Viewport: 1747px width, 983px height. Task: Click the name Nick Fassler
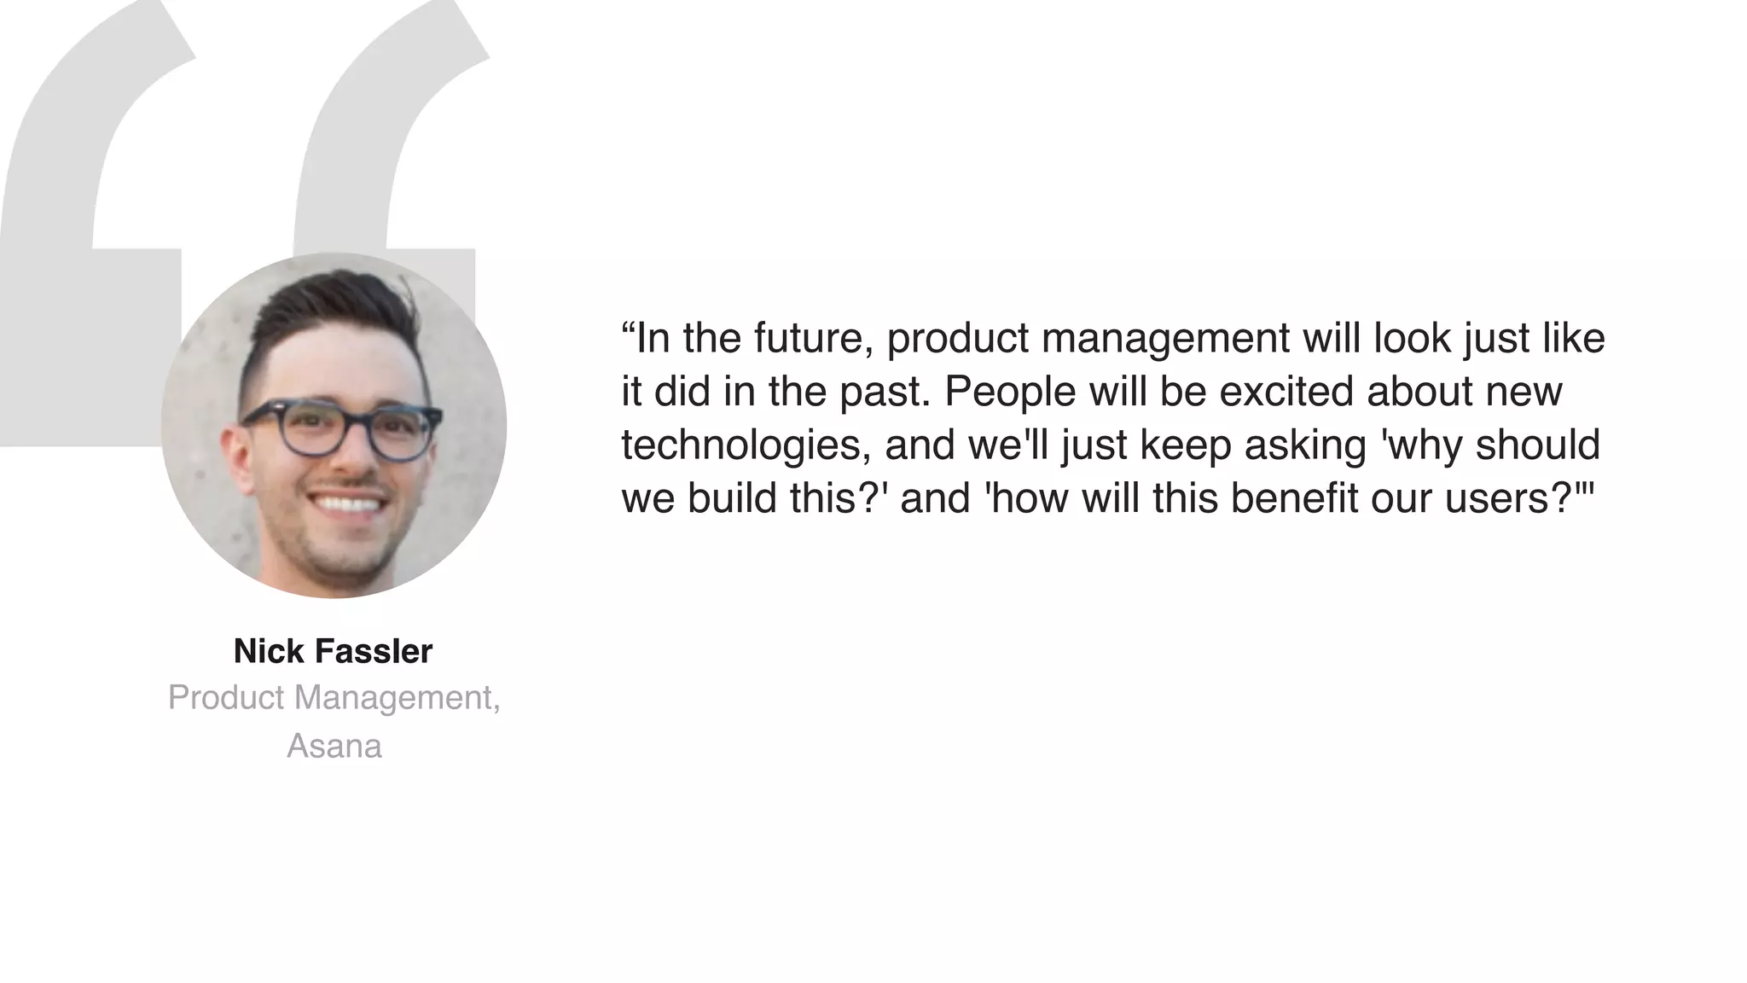(x=333, y=652)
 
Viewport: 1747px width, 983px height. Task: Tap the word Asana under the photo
(x=334, y=747)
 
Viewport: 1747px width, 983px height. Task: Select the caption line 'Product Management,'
(x=334, y=698)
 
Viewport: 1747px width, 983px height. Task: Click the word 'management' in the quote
(x=1165, y=339)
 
